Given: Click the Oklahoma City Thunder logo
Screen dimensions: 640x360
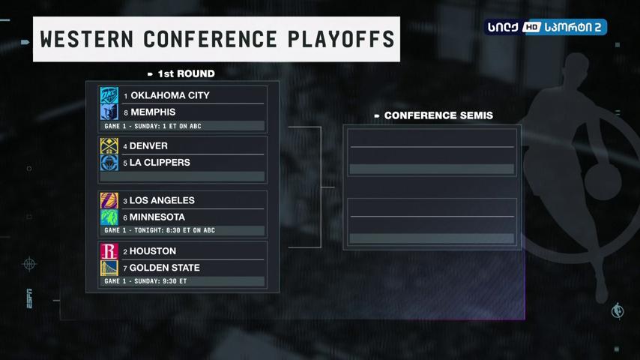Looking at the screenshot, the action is point(109,95).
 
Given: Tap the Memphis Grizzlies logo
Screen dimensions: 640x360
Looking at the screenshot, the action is point(109,112).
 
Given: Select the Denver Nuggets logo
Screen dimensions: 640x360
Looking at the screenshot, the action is point(109,146).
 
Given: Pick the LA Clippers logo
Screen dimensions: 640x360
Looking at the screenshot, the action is point(109,163).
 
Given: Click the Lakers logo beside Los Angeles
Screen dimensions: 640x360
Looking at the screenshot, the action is point(109,201).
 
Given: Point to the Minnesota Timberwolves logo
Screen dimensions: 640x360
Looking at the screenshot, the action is point(109,217).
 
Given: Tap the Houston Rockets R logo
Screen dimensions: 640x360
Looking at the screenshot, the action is point(109,251).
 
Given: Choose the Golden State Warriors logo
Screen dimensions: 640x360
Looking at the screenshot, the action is point(109,268).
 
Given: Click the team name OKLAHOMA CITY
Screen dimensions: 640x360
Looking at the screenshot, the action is point(170,95).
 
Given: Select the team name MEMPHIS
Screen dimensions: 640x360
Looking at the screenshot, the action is point(153,112).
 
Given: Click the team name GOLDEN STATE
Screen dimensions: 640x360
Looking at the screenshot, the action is point(164,268).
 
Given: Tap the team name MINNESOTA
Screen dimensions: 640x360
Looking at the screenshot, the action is point(157,217).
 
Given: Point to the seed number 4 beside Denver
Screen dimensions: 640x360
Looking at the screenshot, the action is point(125,146).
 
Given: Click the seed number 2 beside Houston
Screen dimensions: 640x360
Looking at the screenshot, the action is point(125,252).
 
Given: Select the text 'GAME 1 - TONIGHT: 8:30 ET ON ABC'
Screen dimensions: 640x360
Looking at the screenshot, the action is point(160,230).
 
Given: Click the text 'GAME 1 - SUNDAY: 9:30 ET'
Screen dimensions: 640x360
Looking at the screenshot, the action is point(145,281).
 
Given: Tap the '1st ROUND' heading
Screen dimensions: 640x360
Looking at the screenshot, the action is point(186,73).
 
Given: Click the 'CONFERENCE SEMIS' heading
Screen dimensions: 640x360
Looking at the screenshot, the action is point(438,115).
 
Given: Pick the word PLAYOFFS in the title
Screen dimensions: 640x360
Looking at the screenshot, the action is point(341,39).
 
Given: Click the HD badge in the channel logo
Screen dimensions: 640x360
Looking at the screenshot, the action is point(531,27).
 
